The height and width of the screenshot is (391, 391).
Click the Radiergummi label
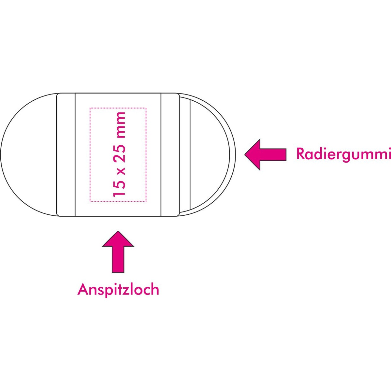(343, 154)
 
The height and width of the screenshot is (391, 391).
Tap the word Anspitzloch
(118, 289)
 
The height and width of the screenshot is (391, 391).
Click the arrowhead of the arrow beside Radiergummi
(253, 154)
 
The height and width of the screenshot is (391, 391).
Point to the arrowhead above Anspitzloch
(118, 239)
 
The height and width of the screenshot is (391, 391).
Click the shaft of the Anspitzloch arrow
(118, 259)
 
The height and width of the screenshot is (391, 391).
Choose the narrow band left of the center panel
(66, 154)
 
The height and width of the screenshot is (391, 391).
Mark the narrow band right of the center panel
(170, 154)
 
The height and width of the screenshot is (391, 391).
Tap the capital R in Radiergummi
(300, 154)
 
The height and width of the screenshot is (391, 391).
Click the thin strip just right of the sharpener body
(184, 154)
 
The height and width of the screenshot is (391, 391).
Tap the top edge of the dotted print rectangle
(118, 108)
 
